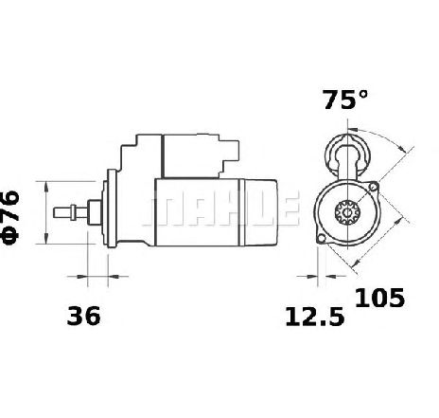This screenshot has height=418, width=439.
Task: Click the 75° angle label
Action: tap(345, 100)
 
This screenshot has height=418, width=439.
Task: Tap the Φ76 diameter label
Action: tap(11, 217)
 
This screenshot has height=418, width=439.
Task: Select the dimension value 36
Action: tap(83, 316)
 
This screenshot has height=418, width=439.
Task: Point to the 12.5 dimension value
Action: tap(314, 318)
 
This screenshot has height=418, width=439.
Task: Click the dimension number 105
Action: tap(379, 298)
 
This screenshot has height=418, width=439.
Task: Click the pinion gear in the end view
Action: tap(346, 212)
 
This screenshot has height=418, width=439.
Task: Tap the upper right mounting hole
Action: tap(374, 187)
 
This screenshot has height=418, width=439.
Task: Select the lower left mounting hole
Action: tap(321, 239)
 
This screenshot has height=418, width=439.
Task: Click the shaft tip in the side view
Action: tap(55, 212)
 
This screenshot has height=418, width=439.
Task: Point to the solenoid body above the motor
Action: tap(190, 156)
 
